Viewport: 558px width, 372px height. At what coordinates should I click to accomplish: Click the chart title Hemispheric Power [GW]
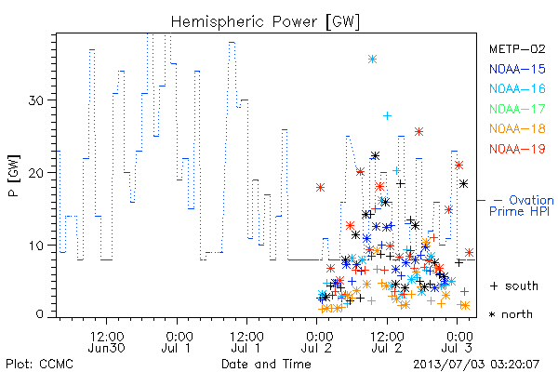[265, 22]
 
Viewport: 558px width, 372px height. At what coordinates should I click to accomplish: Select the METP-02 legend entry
[517, 48]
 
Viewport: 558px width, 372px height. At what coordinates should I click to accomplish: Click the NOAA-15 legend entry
[517, 69]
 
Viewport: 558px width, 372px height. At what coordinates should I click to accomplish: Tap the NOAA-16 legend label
[517, 88]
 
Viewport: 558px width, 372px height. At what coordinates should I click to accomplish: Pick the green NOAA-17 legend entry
[517, 109]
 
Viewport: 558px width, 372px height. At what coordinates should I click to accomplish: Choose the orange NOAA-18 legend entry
[517, 128]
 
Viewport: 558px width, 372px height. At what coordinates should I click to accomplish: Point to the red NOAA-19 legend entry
[517, 149]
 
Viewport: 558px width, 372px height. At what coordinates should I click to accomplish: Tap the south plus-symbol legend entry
[514, 286]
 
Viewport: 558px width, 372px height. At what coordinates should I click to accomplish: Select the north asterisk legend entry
[511, 314]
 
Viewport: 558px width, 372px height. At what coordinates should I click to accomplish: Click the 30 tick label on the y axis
[35, 100]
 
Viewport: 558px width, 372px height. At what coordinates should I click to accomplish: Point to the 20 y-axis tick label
[35, 173]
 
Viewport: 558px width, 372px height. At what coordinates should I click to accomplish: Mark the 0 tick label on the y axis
[39, 314]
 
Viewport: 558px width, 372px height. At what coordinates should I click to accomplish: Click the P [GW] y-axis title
[14, 176]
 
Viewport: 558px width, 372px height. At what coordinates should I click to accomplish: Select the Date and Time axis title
[266, 365]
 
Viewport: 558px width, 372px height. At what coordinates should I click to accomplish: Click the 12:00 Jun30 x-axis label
[106, 341]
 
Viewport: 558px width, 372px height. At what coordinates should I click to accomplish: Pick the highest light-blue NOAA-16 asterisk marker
[372, 60]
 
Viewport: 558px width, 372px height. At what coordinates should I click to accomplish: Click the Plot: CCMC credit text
[39, 365]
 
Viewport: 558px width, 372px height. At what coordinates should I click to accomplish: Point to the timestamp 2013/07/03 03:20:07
[476, 365]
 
